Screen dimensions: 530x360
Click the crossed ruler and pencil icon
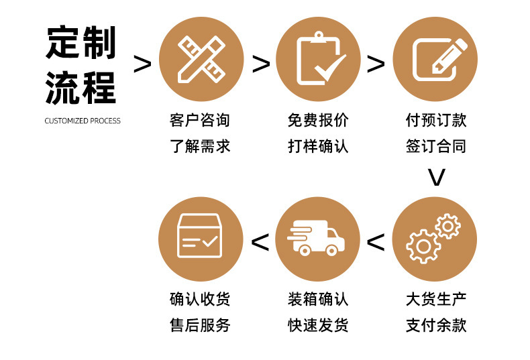[x=201, y=60]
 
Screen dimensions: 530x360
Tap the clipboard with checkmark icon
[x=319, y=60]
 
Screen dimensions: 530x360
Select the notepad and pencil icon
[x=436, y=60]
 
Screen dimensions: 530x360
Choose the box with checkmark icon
[x=200, y=237]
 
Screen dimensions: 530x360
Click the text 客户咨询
[x=200, y=121]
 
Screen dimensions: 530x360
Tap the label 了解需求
[x=200, y=146]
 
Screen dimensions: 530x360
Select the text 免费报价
[x=318, y=121]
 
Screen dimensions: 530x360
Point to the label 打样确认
[x=318, y=146]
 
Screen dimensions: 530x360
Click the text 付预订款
[x=436, y=121]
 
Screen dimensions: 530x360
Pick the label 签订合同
[x=436, y=146]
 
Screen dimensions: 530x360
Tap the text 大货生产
[x=436, y=299]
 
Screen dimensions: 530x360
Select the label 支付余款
[x=436, y=326]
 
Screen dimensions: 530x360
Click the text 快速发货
[x=318, y=326]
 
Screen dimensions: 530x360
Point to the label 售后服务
[x=200, y=326]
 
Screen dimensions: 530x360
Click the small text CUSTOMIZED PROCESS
[x=83, y=121]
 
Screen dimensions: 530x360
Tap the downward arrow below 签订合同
[x=437, y=177]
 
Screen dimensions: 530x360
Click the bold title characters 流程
[x=81, y=88]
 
